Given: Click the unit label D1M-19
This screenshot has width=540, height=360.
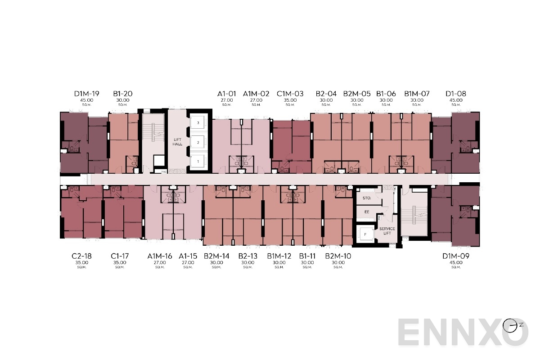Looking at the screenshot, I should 87,94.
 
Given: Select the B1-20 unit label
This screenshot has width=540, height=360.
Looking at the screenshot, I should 123,94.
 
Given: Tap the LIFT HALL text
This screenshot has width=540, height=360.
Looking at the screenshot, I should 178,142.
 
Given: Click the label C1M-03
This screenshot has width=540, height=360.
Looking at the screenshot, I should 290,94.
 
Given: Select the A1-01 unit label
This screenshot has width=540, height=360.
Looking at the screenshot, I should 227,94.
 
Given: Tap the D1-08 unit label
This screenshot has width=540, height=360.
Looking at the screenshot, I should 456,94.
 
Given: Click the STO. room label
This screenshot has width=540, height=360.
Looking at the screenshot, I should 366,198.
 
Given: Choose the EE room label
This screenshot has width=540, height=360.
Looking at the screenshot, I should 366,211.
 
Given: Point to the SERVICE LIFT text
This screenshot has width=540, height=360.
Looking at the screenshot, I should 387,231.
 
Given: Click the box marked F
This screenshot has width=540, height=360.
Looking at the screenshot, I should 365,234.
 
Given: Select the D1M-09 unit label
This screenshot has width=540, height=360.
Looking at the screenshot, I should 456,256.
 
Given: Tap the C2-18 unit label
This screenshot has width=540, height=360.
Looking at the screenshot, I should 82,256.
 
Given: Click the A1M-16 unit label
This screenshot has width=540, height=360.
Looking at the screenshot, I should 160,256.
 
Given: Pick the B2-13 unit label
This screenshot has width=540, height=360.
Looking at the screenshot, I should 248,256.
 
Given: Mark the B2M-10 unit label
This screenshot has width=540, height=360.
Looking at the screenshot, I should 338,256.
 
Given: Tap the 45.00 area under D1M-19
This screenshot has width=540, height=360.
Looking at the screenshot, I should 87,100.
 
